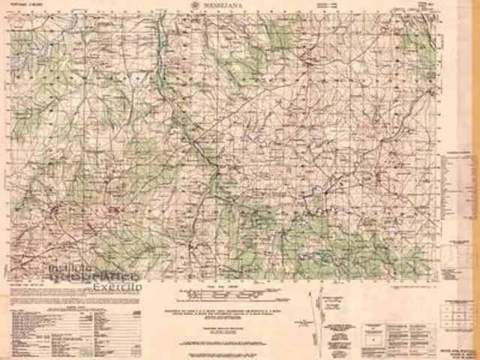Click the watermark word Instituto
(71, 268)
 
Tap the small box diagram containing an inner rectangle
(371, 337)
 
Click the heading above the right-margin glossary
(458, 151)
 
